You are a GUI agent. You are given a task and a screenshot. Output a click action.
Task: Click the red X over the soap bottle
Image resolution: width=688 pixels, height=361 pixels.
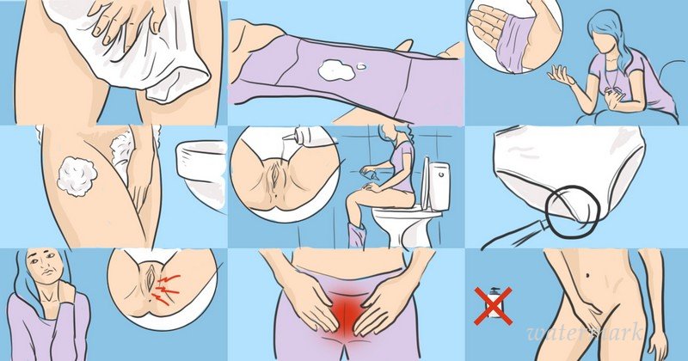[493, 306]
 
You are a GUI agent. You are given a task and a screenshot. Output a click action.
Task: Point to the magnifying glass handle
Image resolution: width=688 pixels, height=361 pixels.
[513, 236]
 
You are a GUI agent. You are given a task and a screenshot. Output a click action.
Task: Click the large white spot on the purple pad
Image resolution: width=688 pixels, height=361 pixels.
[336, 70]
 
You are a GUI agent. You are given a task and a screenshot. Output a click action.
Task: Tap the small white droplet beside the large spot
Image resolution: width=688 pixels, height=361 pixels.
[361, 66]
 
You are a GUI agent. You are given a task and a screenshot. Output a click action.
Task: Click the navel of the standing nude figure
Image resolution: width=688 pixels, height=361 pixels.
[587, 275]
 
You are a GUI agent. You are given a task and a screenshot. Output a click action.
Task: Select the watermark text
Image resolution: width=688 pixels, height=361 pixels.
[585, 332]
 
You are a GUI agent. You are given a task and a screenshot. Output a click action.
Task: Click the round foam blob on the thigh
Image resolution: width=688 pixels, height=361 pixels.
[77, 175]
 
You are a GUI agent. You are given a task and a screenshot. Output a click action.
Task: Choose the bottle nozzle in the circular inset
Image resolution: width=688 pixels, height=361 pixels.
[291, 136]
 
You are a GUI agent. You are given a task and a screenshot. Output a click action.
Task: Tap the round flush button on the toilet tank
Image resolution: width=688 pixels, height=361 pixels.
[441, 174]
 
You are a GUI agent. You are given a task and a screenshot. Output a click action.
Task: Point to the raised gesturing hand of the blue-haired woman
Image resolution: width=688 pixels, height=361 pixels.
[561, 76]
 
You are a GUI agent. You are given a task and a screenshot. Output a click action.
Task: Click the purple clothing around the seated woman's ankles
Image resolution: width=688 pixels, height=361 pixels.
[356, 235]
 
